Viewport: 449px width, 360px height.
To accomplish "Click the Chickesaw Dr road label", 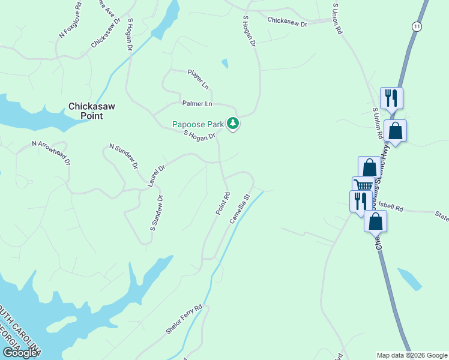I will [288, 22].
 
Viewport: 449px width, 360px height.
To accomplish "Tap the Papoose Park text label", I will [198, 124].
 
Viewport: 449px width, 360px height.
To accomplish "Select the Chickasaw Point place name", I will [91, 110].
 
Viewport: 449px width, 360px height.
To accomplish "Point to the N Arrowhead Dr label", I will [51, 154].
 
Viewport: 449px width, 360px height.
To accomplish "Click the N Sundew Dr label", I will [124, 156].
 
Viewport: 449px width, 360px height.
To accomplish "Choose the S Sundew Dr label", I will [157, 213].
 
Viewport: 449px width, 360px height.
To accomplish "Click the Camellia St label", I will [239, 208].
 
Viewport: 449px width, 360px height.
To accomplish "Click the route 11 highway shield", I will [417, 26].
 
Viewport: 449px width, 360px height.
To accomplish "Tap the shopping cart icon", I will [363, 186].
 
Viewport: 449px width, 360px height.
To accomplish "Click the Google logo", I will [19, 353].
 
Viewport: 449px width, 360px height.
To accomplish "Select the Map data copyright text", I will [411, 355].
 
